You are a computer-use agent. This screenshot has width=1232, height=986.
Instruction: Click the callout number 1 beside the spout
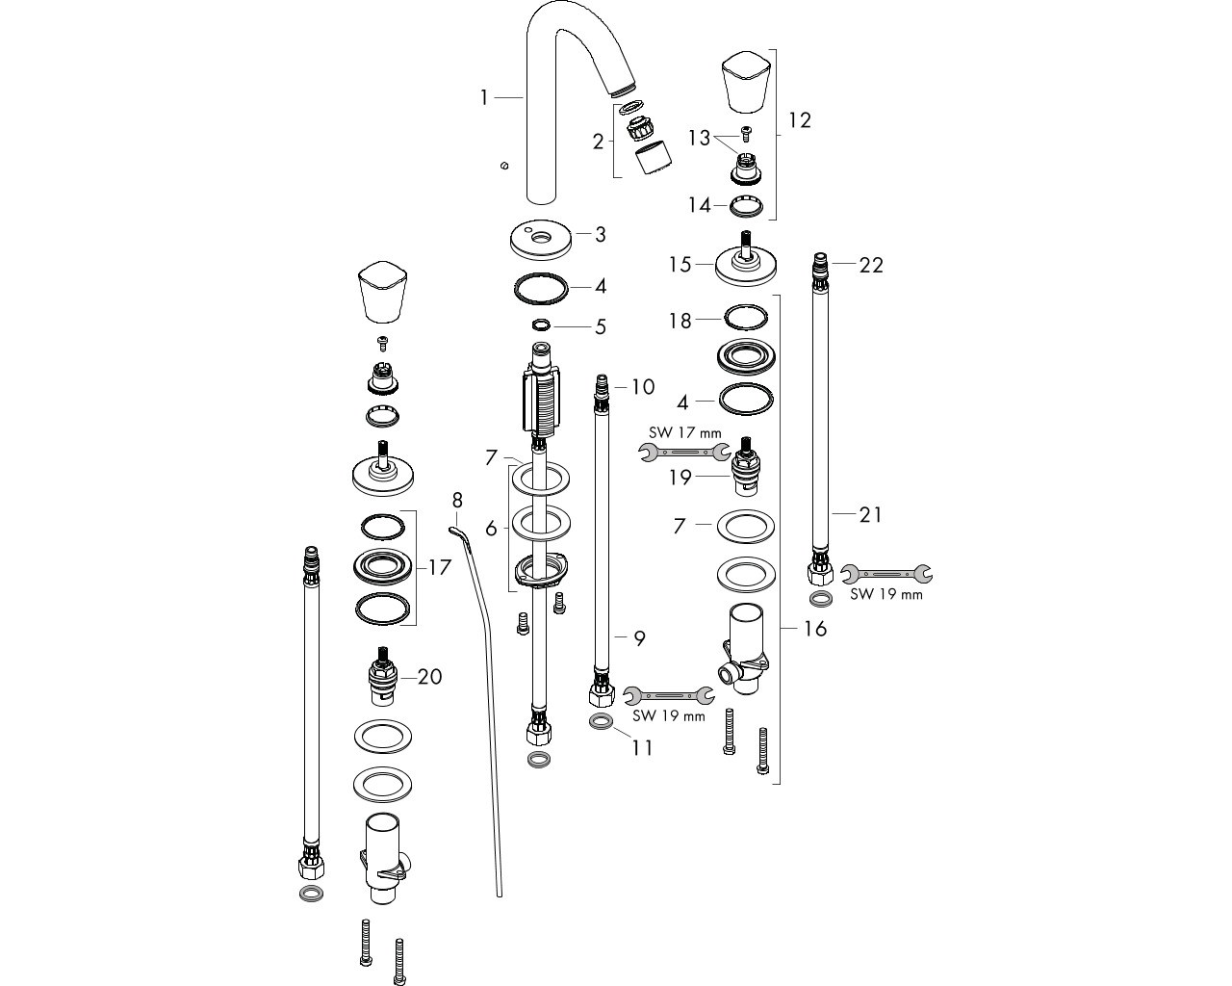[x=484, y=98]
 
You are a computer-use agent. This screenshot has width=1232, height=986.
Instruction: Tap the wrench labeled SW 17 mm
[x=684, y=452]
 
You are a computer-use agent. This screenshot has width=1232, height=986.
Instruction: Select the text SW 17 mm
[x=684, y=432]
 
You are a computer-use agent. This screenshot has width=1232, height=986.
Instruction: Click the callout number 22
[x=871, y=265]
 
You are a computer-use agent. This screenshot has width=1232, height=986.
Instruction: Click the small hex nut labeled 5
[x=541, y=324]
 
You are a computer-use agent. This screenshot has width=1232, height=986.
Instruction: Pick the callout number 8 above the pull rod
[x=457, y=500]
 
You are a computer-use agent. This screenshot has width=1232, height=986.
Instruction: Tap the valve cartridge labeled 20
[x=383, y=676]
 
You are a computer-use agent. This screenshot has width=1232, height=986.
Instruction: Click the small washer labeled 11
[x=601, y=722]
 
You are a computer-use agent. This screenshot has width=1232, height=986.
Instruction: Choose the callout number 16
[x=815, y=629]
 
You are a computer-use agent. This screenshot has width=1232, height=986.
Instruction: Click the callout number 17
[x=440, y=567]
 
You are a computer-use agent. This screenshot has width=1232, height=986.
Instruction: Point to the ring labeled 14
[x=747, y=207]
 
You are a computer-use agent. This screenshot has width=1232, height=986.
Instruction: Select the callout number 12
[x=800, y=120]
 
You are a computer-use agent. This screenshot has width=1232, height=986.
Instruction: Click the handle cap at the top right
[x=747, y=82]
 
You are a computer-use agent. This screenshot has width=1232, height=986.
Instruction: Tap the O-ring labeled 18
[x=745, y=318]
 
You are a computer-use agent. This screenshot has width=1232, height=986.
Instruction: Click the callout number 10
[x=643, y=387]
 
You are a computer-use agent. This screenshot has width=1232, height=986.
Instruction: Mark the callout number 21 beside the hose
[x=870, y=514]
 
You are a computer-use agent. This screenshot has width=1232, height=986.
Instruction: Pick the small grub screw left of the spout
[x=503, y=166]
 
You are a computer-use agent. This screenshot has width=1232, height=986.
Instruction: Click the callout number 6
[x=491, y=529]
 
